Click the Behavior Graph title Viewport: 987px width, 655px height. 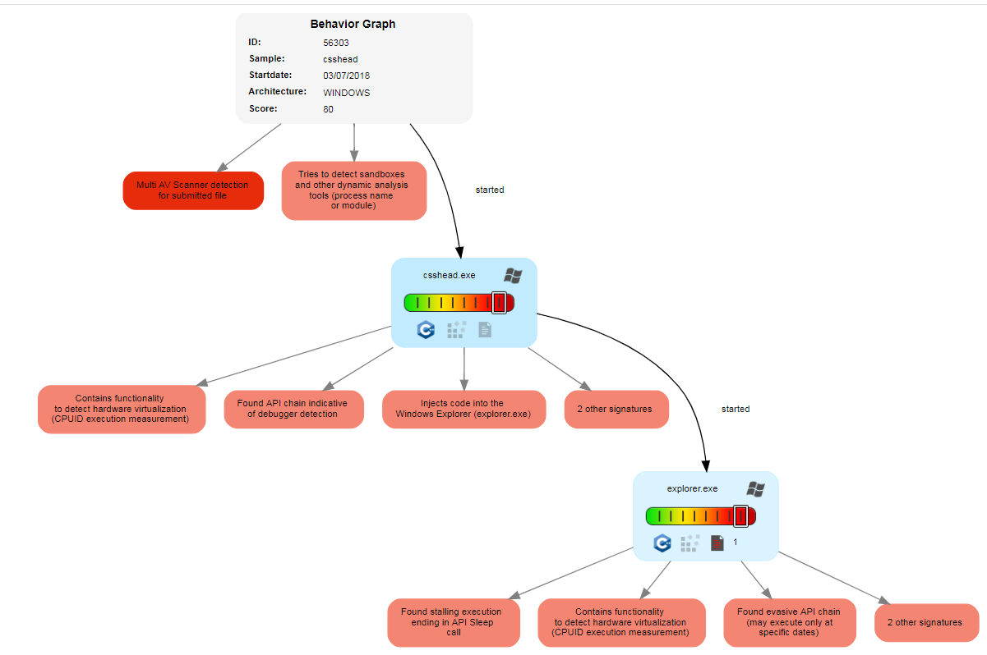tap(353, 24)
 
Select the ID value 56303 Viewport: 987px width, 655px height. tap(336, 42)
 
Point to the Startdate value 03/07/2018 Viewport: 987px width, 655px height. tap(346, 76)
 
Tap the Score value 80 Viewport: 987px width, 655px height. tap(329, 109)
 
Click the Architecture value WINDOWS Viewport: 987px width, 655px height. tap(346, 93)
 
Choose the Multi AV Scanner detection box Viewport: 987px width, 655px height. tap(193, 190)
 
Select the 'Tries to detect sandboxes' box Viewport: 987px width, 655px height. tap(353, 190)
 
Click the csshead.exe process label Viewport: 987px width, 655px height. tap(449, 275)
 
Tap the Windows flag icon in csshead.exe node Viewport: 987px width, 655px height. tap(514, 276)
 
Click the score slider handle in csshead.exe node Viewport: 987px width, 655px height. tap(499, 303)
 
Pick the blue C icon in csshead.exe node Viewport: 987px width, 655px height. tap(426, 330)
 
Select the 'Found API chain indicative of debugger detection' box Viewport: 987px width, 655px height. tap(293, 409)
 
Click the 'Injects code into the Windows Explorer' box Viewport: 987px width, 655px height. tap(464, 409)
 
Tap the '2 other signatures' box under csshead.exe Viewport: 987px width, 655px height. tap(616, 409)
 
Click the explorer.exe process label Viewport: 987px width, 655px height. tap(692, 488)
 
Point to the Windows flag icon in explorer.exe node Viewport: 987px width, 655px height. tap(755, 489)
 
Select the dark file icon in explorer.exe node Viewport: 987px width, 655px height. tap(717, 543)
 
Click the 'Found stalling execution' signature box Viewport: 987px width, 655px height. tap(454, 622)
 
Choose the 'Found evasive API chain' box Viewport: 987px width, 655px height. tap(790, 622)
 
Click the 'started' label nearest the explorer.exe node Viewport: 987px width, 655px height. tap(735, 409)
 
